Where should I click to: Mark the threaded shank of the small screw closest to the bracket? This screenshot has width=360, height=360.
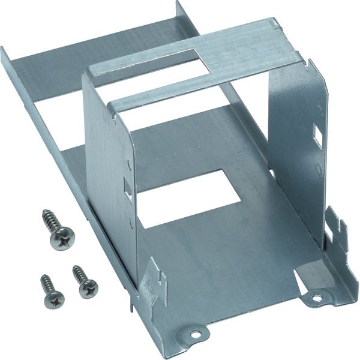tap(78, 273)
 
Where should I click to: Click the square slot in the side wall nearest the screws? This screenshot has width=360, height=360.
tap(127, 187)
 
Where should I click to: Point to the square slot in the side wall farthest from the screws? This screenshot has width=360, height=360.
tap(317, 135)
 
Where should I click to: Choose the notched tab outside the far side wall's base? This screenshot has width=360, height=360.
tap(337, 231)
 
